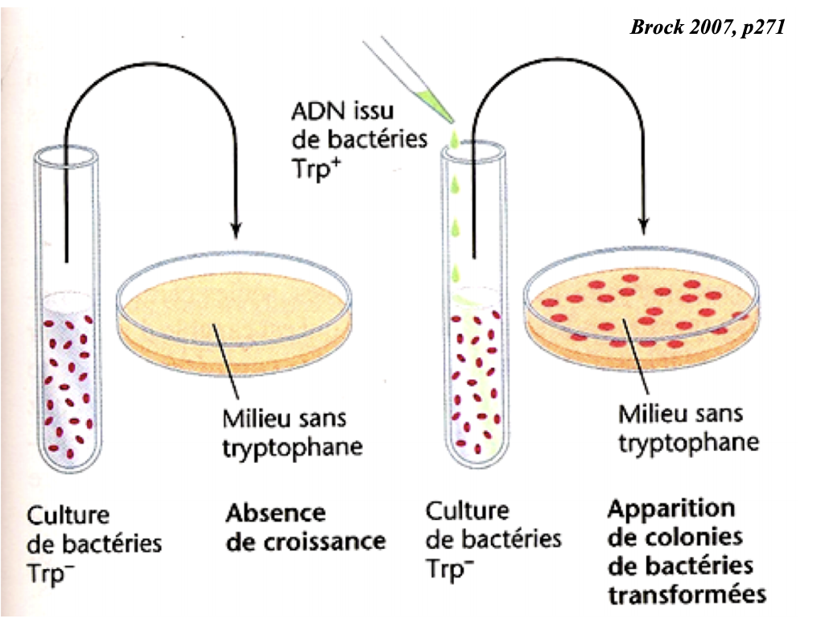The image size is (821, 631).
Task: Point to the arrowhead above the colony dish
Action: tap(644, 226)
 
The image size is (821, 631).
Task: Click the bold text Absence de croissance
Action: tap(305, 526)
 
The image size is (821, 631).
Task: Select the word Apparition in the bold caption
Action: tap(670, 509)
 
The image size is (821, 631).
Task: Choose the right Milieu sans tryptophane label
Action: tap(687, 427)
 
